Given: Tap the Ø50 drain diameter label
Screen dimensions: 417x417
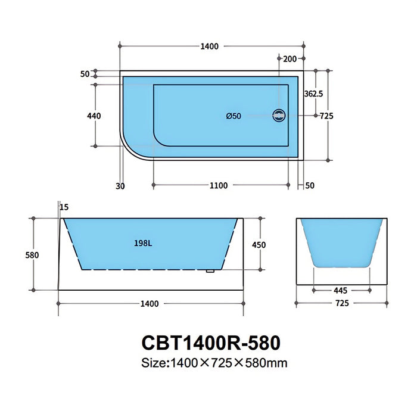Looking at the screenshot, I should point(234,116).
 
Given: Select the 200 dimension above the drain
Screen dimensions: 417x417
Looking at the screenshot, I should point(290,58).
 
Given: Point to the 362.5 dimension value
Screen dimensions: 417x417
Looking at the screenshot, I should point(313,94).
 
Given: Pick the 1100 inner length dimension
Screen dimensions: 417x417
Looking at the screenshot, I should point(219,185).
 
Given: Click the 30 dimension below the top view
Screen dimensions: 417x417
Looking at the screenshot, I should point(120,185).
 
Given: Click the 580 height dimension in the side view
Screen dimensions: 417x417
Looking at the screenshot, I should point(32,254).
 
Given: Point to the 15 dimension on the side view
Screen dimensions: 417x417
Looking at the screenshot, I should point(64,207).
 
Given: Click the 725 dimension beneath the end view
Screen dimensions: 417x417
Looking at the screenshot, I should point(342,303).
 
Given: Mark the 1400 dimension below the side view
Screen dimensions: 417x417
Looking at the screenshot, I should point(150,304).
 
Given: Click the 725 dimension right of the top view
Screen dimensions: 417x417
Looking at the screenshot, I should point(326,116).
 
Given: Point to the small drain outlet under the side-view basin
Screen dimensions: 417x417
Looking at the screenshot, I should point(210,272).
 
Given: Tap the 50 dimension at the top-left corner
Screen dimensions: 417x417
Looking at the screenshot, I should point(84,74).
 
